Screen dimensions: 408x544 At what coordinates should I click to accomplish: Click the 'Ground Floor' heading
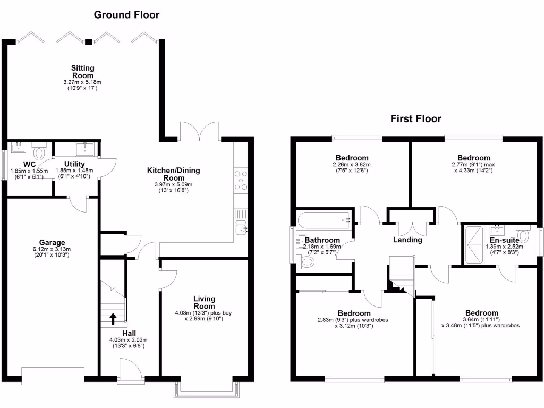126,15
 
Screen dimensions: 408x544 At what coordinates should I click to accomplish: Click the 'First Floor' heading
415,119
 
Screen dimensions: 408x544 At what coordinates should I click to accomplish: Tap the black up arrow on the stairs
113,318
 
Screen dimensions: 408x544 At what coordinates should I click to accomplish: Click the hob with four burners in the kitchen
241,180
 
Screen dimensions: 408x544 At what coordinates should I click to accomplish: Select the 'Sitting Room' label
83,72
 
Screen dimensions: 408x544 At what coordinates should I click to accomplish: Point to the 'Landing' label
407,240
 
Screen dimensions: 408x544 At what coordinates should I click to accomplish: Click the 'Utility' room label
74,163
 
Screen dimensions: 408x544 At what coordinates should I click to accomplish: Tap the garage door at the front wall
53,376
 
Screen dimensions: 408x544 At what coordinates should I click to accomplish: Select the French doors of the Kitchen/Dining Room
199,130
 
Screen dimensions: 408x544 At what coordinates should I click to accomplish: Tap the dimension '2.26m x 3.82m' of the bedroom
352,165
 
